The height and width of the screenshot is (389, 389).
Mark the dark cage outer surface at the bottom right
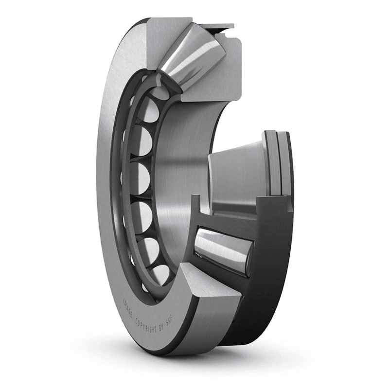point(272,292)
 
